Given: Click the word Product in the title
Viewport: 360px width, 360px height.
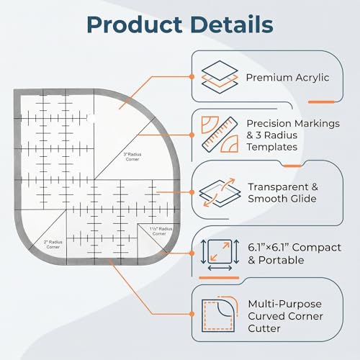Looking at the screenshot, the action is point(135,25).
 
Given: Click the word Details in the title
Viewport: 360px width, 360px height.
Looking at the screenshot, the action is point(233,24).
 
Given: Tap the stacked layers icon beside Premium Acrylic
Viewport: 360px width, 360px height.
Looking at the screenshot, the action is point(220,77).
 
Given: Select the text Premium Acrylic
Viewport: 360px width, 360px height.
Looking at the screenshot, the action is point(287,78).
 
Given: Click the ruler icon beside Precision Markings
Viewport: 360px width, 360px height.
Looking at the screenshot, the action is point(220,135).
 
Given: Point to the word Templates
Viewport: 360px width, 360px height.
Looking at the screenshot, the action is point(272,147).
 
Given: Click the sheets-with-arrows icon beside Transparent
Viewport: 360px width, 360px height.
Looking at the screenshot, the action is point(220,192).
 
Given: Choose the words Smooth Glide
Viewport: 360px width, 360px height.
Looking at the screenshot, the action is point(282,199).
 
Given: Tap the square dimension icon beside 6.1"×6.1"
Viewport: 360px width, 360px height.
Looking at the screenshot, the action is point(220,254).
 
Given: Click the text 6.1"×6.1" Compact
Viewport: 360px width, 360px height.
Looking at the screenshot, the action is point(294,248).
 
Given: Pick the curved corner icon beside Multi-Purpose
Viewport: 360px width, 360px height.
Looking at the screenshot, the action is point(220,314).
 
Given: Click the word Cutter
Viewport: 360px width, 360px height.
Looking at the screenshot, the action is point(264,328).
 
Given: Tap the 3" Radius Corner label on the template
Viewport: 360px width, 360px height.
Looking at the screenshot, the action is point(132,157).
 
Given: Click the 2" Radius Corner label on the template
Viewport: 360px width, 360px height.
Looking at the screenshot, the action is point(53,244).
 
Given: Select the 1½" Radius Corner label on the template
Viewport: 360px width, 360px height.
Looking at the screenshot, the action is point(161,231).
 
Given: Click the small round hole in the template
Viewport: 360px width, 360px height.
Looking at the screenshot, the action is point(91,118).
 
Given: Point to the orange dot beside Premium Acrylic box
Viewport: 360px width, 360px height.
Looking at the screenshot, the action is point(192,76).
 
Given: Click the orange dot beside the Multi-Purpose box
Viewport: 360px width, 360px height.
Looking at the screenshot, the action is point(192,314).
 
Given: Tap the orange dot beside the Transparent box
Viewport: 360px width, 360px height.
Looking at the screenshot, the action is point(192,192).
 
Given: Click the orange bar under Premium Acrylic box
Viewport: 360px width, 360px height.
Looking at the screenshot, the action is point(321,102).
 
